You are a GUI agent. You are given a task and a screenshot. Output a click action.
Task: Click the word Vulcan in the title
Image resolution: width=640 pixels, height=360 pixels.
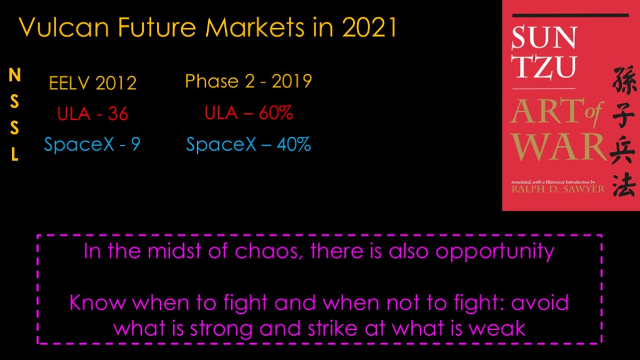(64, 27)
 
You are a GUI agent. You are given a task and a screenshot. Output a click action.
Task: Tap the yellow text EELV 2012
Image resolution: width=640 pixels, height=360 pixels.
(92, 83)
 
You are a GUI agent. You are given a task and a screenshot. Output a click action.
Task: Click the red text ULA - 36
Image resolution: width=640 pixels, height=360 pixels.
(92, 114)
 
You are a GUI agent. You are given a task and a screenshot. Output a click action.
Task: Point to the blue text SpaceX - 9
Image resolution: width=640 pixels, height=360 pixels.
(92, 144)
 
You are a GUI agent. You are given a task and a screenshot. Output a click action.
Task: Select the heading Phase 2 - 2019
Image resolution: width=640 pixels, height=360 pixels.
(249, 81)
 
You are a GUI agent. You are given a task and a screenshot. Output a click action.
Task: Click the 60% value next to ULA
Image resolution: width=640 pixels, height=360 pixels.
(276, 112)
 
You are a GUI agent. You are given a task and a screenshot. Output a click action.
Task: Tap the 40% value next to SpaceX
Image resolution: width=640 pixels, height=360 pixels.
(294, 144)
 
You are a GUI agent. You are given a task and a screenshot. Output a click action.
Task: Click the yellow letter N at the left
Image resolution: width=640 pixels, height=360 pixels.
(15, 75)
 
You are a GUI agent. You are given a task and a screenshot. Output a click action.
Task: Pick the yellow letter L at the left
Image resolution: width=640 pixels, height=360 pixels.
(15, 154)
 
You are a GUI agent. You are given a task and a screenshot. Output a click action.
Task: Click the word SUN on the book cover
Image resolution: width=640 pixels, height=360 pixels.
(544, 37)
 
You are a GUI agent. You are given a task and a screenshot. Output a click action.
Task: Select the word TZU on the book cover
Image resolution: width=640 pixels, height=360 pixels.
(544, 66)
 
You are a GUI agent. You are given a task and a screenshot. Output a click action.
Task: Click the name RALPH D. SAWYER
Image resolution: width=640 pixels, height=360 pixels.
(558, 189)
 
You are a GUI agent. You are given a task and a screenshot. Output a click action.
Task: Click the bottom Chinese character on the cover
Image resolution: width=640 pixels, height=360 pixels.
(624, 185)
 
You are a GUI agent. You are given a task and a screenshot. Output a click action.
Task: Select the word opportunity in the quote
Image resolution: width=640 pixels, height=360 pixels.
(495, 252)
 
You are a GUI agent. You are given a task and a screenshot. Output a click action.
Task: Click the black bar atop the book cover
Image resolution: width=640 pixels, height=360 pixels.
(570, 16)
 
